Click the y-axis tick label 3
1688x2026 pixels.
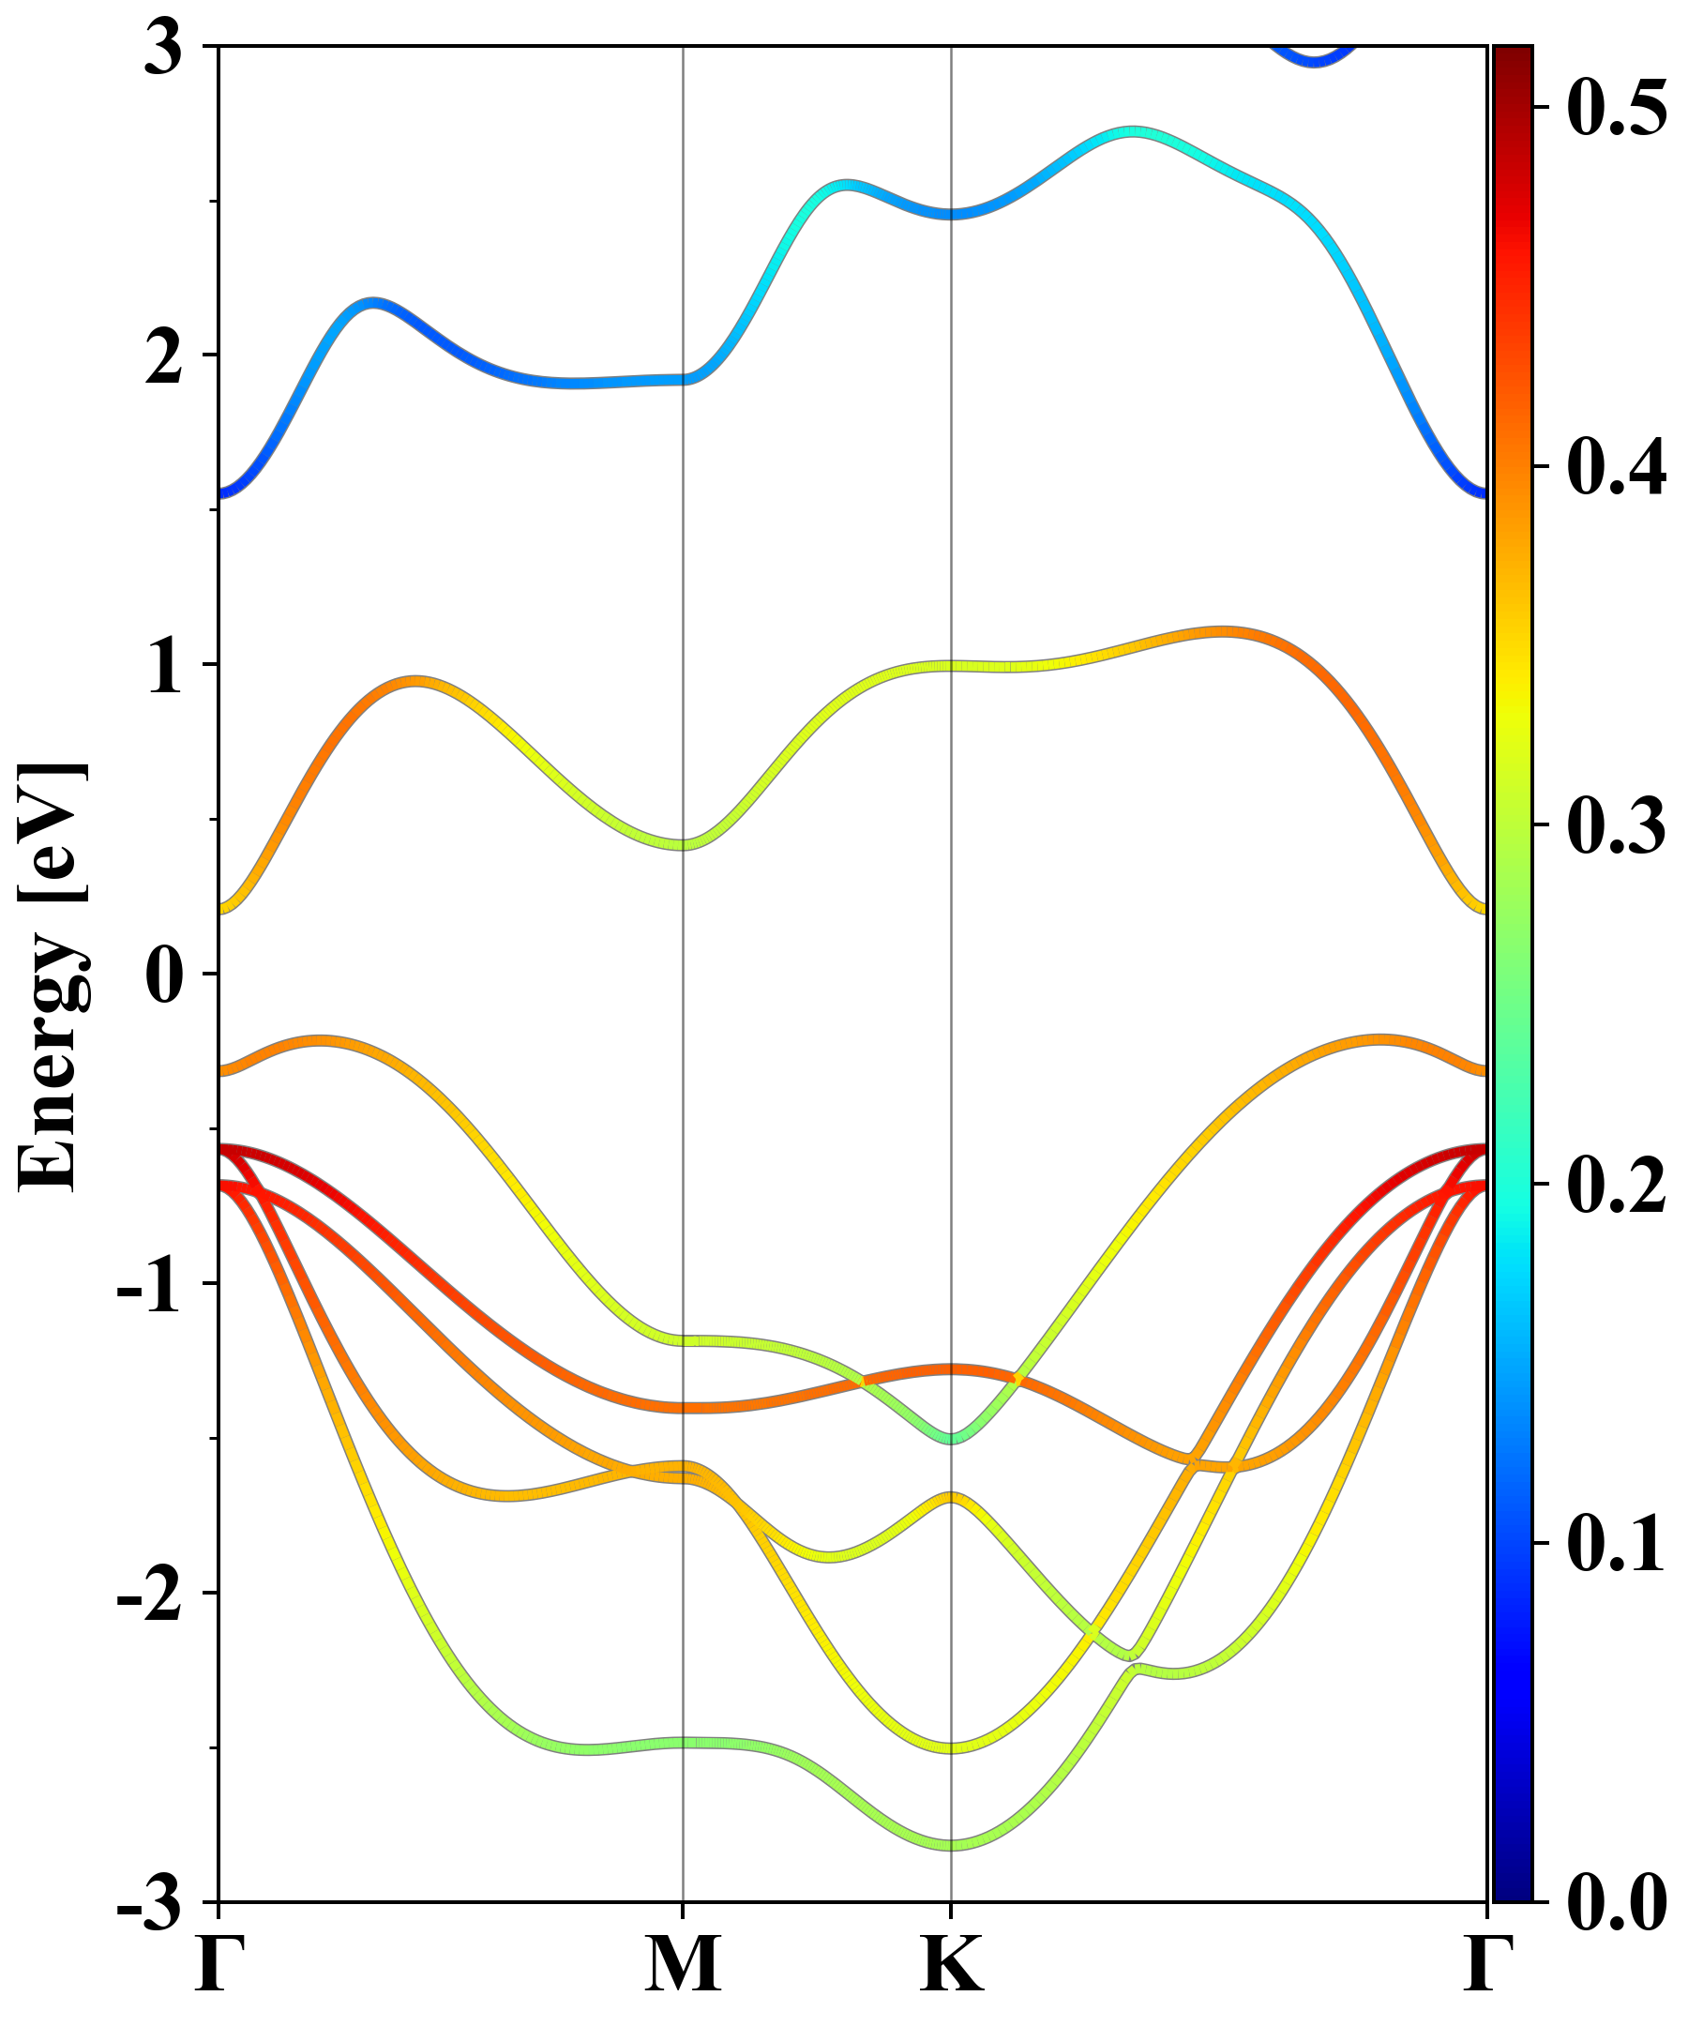(164, 48)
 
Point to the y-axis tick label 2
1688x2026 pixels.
(164, 358)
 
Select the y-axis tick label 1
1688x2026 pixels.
(164, 668)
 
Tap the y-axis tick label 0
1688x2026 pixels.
(164, 976)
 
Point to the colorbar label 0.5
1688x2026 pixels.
(1617, 108)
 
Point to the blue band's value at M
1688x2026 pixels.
(683, 379)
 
